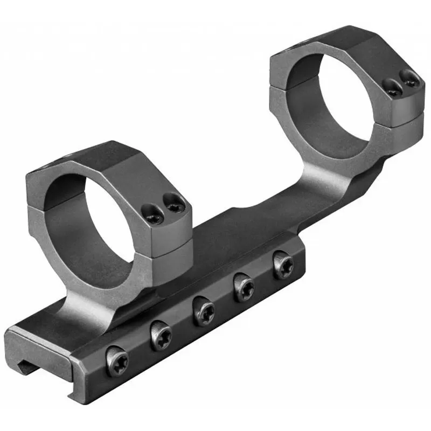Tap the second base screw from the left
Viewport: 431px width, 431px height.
tap(161, 336)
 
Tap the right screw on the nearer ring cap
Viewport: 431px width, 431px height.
tap(174, 204)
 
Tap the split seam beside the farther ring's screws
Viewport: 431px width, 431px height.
tap(404, 112)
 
